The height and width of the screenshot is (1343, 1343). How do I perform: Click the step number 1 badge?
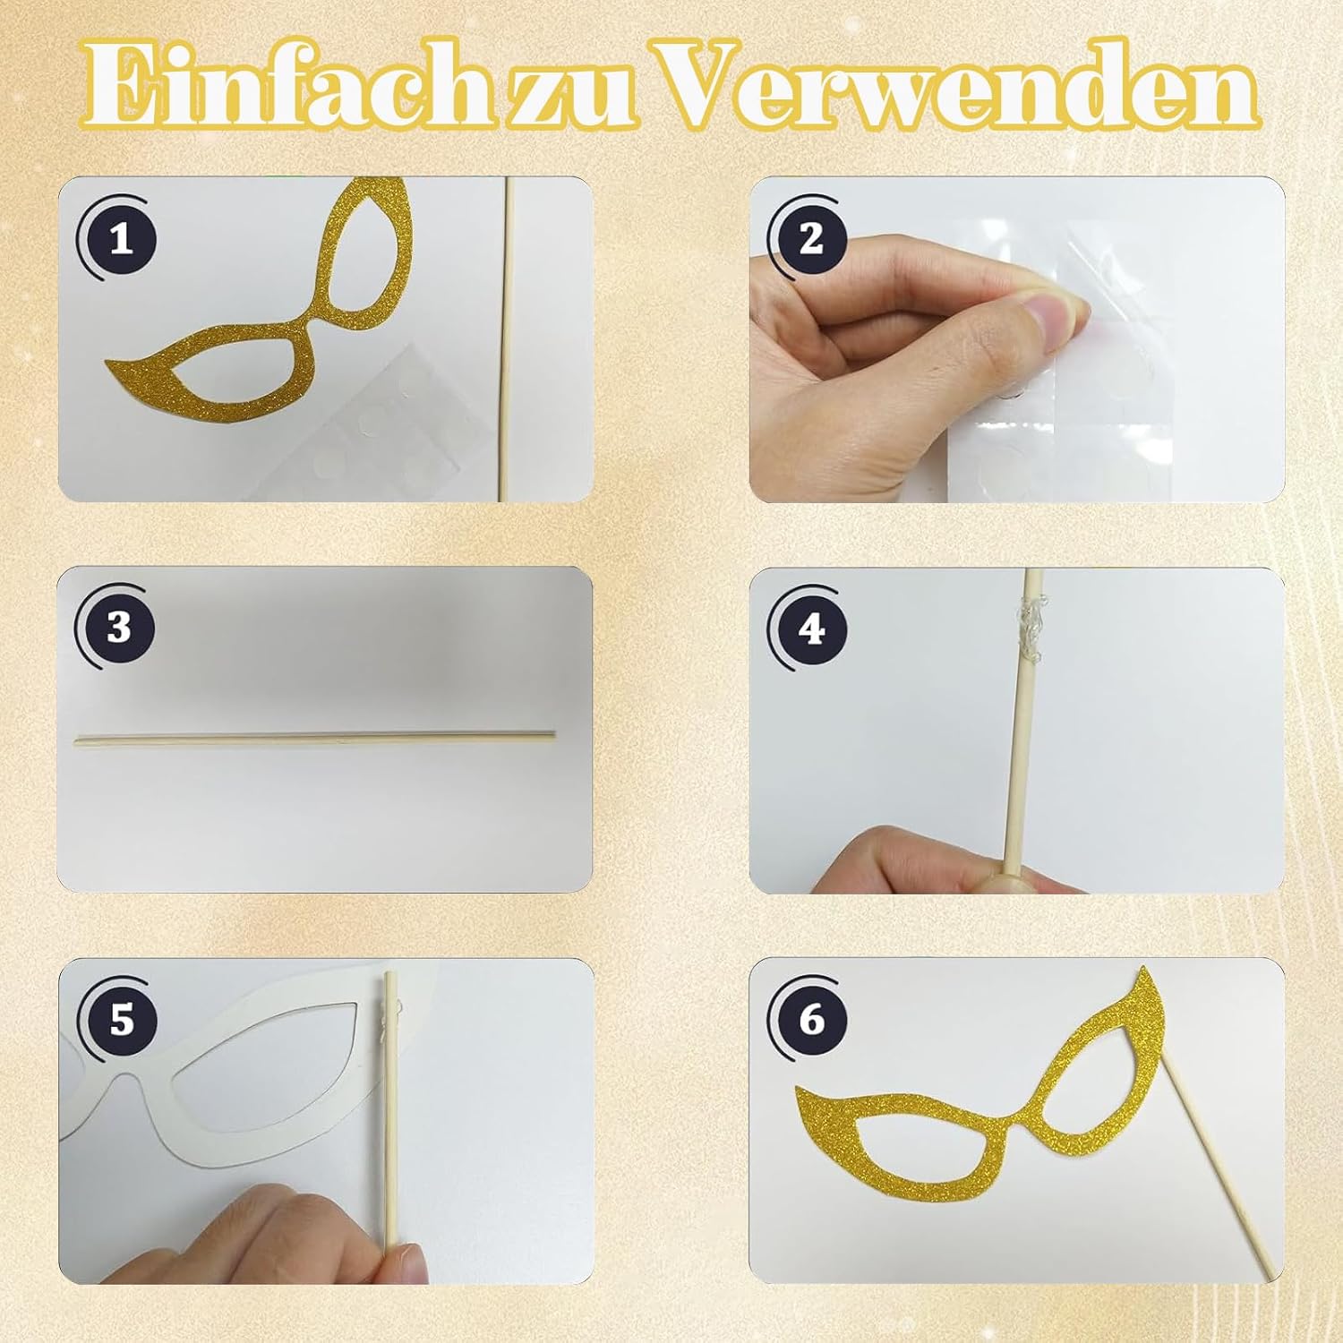point(120,239)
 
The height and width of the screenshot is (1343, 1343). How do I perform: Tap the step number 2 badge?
point(809,238)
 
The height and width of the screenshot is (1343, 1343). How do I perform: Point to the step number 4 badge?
point(809,628)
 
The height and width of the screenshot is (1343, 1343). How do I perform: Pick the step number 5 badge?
point(120,1020)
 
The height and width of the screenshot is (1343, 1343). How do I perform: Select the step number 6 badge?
point(809,1019)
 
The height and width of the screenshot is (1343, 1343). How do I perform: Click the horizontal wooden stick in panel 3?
point(314,740)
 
